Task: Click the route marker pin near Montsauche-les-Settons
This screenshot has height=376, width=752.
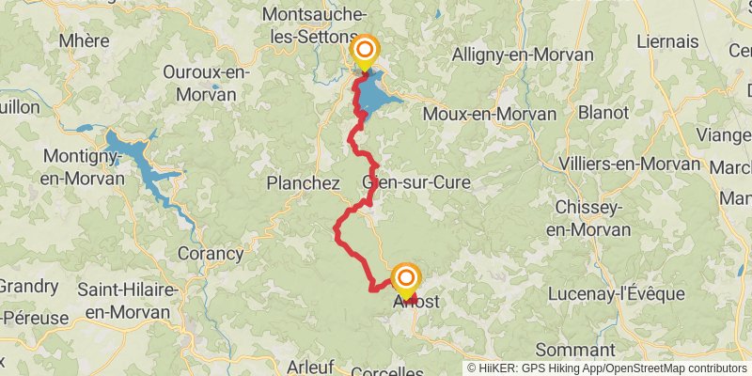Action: pos(364,53)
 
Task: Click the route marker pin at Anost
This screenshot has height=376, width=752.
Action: pos(405,279)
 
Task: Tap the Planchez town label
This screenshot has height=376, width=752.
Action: pos(303,183)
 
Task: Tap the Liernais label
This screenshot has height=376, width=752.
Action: pos(667,41)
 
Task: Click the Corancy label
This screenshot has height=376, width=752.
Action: pos(211,253)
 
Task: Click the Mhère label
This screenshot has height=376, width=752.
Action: pos(84,40)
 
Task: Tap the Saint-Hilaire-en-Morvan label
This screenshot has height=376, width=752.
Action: pos(128,301)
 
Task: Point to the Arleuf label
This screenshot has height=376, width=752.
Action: pos(312,366)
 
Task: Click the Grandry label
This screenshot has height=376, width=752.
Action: pos(28,286)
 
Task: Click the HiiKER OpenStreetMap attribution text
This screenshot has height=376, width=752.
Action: pos(608,368)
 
